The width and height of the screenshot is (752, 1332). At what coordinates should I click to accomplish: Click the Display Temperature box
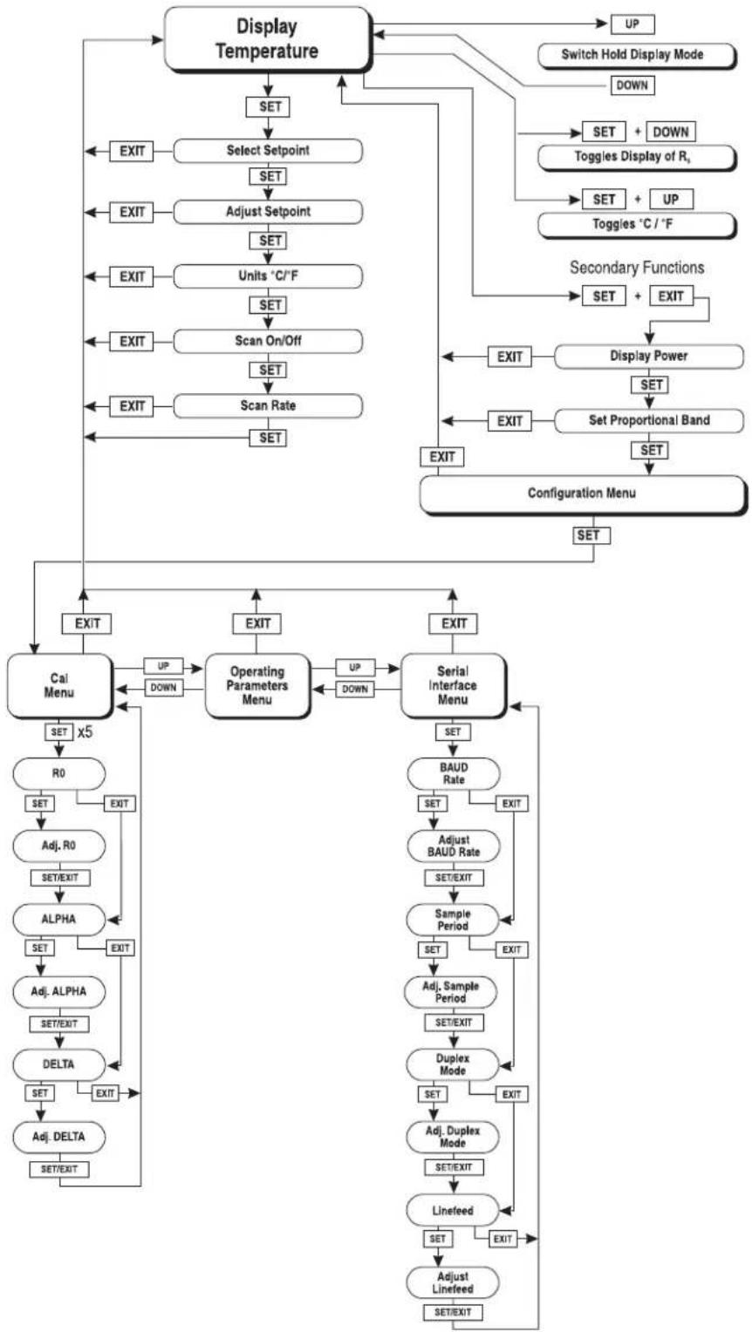pyautogui.click(x=268, y=39)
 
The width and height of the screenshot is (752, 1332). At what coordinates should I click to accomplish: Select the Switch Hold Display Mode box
pyautogui.click(x=637, y=55)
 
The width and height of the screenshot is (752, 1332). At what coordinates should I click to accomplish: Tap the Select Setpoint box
pyautogui.click(x=268, y=151)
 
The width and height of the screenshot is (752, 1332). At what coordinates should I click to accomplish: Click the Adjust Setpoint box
pyautogui.click(x=268, y=212)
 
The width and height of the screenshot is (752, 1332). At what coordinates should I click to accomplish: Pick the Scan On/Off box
pyautogui.click(x=268, y=342)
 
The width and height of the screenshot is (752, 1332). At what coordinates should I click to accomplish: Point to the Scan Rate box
pyautogui.click(x=268, y=406)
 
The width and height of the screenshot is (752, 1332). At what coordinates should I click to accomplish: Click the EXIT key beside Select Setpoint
pyautogui.click(x=132, y=151)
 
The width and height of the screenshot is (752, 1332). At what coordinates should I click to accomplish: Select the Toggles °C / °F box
pyautogui.click(x=637, y=225)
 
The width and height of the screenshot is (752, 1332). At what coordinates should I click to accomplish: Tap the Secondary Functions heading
pyautogui.click(x=637, y=268)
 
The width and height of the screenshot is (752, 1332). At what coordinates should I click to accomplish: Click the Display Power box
pyautogui.click(x=649, y=357)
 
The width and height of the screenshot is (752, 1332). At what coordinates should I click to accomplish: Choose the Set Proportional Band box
pyautogui.click(x=649, y=420)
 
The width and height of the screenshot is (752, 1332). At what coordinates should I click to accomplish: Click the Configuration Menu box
pyautogui.click(x=583, y=494)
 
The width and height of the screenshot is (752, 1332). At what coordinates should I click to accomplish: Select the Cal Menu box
pyautogui.click(x=59, y=686)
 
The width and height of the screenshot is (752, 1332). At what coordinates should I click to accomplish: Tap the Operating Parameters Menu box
pyautogui.click(x=257, y=686)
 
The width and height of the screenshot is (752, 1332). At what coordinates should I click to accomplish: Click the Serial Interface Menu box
pyautogui.click(x=454, y=686)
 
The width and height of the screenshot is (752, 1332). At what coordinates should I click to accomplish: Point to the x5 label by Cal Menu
pyautogui.click(x=85, y=732)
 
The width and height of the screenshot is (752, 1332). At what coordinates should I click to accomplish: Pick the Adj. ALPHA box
pyautogui.click(x=59, y=992)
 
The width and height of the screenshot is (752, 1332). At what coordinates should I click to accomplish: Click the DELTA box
pyautogui.click(x=59, y=1064)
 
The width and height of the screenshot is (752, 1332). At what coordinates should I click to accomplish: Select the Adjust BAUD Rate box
pyautogui.click(x=454, y=846)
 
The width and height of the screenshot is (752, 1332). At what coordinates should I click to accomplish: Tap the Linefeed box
pyautogui.click(x=453, y=1210)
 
